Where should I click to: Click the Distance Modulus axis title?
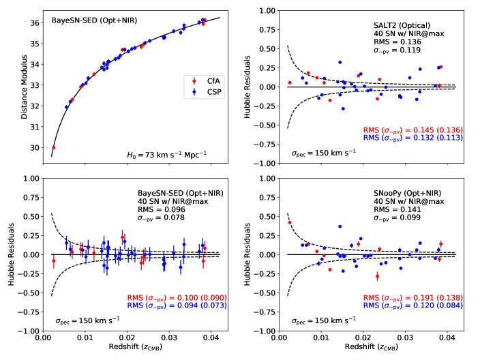(25, 87)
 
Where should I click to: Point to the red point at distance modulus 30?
(54, 147)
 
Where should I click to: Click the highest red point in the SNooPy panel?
(290, 222)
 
